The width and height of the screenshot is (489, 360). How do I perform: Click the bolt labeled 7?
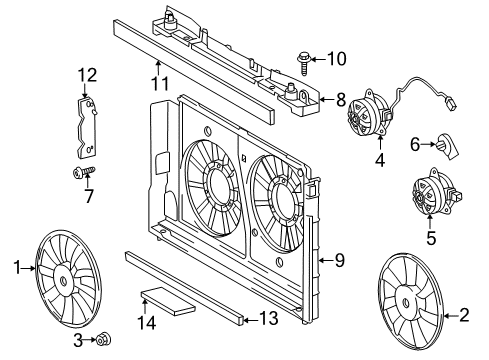[80, 174]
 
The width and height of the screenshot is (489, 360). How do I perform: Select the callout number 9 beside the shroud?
[339, 261]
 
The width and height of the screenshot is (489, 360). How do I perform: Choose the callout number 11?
[156, 84]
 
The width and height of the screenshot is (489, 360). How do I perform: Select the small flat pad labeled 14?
[159, 300]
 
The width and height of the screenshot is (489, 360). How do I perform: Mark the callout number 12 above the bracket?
[88, 74]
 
